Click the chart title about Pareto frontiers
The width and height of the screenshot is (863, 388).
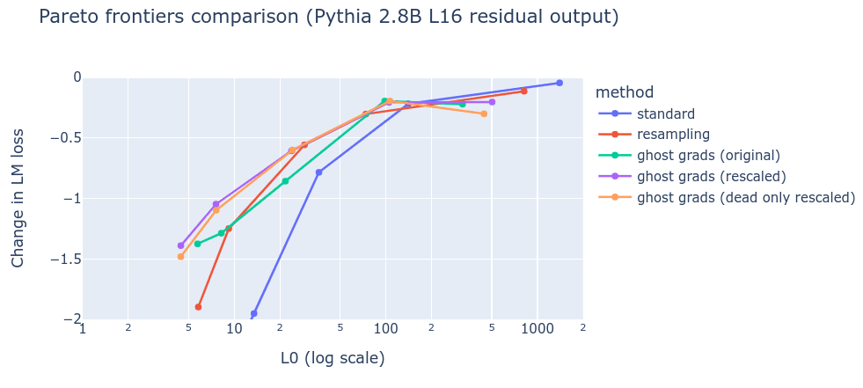(328, 17)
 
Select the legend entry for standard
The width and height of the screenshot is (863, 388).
(665, 113)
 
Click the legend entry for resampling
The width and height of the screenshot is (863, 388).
(673, 135)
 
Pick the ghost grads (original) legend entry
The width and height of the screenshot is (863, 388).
(708, 156)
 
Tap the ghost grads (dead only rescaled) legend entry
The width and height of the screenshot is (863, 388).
(746, 198)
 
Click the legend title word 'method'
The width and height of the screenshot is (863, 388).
(624, 92)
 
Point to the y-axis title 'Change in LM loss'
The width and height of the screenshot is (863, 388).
(18, 198)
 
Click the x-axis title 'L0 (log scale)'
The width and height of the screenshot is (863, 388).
(333, 358)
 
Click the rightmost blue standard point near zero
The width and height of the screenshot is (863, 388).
(559, 83)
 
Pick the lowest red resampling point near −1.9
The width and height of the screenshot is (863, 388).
(198, 307)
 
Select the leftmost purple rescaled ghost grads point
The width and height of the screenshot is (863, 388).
(180, 245)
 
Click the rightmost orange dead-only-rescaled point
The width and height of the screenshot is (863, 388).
(484, 113)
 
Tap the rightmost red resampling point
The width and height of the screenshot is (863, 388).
(523, 91)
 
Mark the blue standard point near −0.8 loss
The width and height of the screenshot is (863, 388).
(318, 172)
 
